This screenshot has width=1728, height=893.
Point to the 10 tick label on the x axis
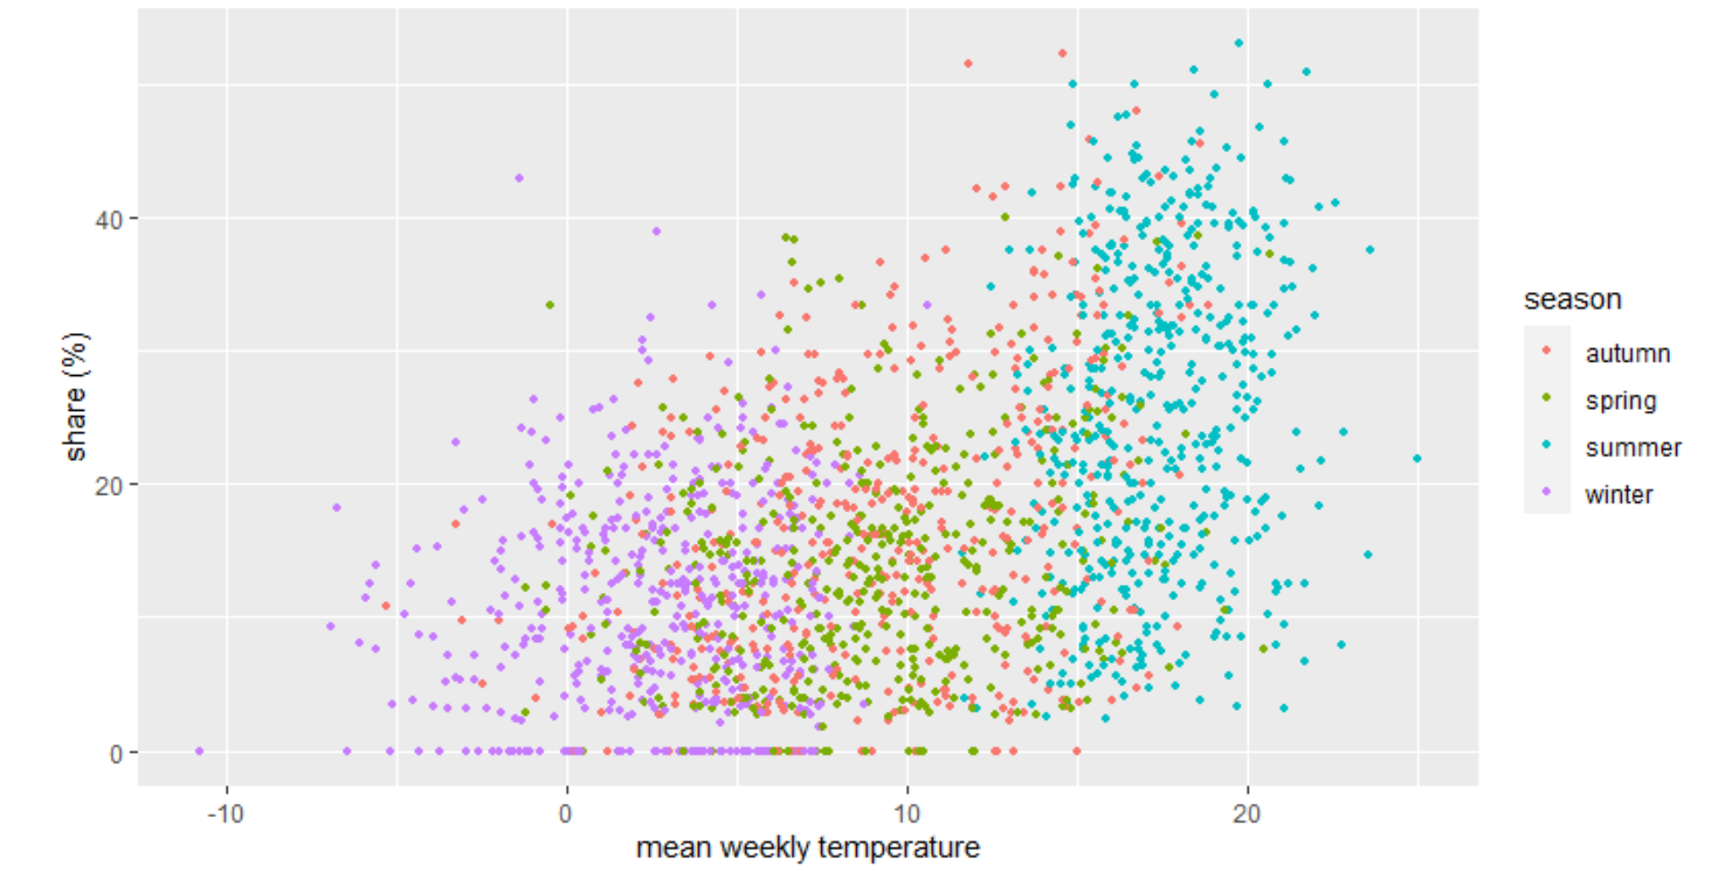(907, 814)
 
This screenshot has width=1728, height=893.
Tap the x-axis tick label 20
(1247, 814)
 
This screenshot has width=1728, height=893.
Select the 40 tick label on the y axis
(109, 220)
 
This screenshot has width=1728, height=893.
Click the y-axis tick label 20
(109, 486)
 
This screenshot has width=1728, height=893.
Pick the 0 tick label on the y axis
(116, 754)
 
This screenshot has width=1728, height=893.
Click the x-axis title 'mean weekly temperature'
(808, 847)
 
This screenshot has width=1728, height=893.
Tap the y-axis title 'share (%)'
(76, 396)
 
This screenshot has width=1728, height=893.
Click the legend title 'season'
(1572, 299)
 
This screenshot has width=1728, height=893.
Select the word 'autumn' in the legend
(1627, 354)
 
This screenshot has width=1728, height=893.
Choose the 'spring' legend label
(1620, 401)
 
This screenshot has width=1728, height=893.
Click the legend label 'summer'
(1632, 447)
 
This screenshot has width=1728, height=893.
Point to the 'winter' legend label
(1618, 495)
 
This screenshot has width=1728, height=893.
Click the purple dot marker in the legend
(1547, 492)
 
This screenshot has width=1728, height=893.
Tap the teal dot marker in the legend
(1547, 445)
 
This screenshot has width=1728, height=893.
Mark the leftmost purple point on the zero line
(199, 751)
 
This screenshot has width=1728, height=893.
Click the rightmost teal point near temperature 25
(1416, 459)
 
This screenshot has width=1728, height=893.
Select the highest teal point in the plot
(1238, 43)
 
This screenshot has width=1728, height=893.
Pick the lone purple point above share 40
(519, 179)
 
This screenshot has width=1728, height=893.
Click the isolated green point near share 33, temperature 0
(550, 305)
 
